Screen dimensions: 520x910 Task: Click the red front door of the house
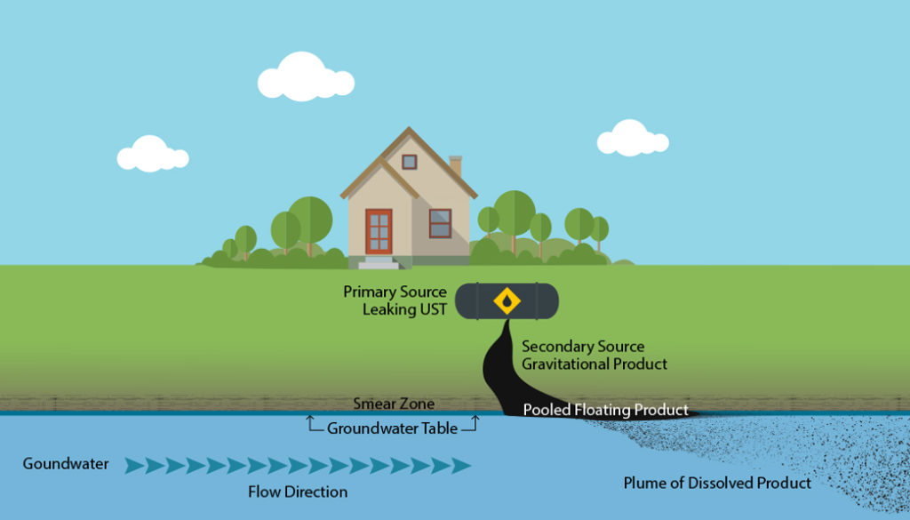(x=379, y=230)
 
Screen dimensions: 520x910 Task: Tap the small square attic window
(x=409, y=162)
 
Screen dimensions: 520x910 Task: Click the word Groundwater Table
(x=392, y=428)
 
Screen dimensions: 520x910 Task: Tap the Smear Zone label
(x=394, y=404)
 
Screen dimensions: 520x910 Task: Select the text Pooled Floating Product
(x=605, y=410)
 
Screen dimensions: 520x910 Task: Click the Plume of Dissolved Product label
(x=717, y=483)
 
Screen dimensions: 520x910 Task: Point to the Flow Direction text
(x=298, y=492)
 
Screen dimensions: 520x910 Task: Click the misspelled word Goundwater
(x=66, y=464)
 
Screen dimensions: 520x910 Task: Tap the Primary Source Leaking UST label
(x=395, y=300)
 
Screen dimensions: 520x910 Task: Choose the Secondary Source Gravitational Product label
(x=594, y=355)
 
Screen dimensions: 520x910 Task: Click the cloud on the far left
(x=152, y=155)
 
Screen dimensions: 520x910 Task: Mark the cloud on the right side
(x=632, y=139)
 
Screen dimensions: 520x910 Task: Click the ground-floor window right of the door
(x=440, y=223)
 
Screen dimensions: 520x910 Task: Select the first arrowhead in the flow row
(x=134, y=465)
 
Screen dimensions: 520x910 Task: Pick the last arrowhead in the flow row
(x=461, y=465)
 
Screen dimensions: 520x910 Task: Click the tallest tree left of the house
(x=310, y=218)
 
